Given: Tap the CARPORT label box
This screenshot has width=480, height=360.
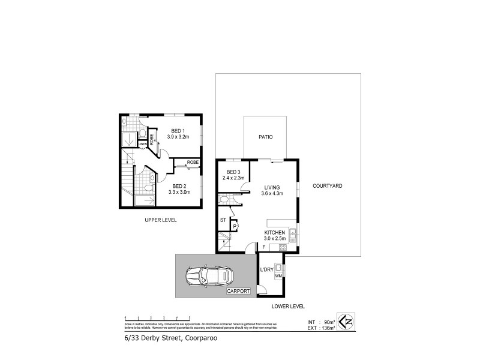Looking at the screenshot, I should coord(239,292).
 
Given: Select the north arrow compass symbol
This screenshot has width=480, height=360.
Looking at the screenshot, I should coord(346,322).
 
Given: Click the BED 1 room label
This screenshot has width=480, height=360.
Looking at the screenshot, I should coord(178,131).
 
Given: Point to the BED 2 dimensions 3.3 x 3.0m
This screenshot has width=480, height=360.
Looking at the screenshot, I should coord(179,192).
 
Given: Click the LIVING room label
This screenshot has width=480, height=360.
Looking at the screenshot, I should coord(272,187).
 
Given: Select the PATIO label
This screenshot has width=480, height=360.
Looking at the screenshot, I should coord(265,137).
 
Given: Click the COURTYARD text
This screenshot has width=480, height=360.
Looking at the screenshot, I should coord(327,187).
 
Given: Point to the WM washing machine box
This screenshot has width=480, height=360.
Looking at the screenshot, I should coord(278,275).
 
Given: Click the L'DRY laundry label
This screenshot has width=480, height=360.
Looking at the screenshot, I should coord(266,269).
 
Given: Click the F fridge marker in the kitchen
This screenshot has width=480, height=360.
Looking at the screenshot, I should coord(263,247).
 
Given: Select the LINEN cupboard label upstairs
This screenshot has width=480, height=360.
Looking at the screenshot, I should coord(142,144).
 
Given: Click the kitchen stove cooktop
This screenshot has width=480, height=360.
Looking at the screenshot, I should coord(281,248).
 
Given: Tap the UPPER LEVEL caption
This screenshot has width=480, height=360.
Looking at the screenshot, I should coord(160,220).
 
